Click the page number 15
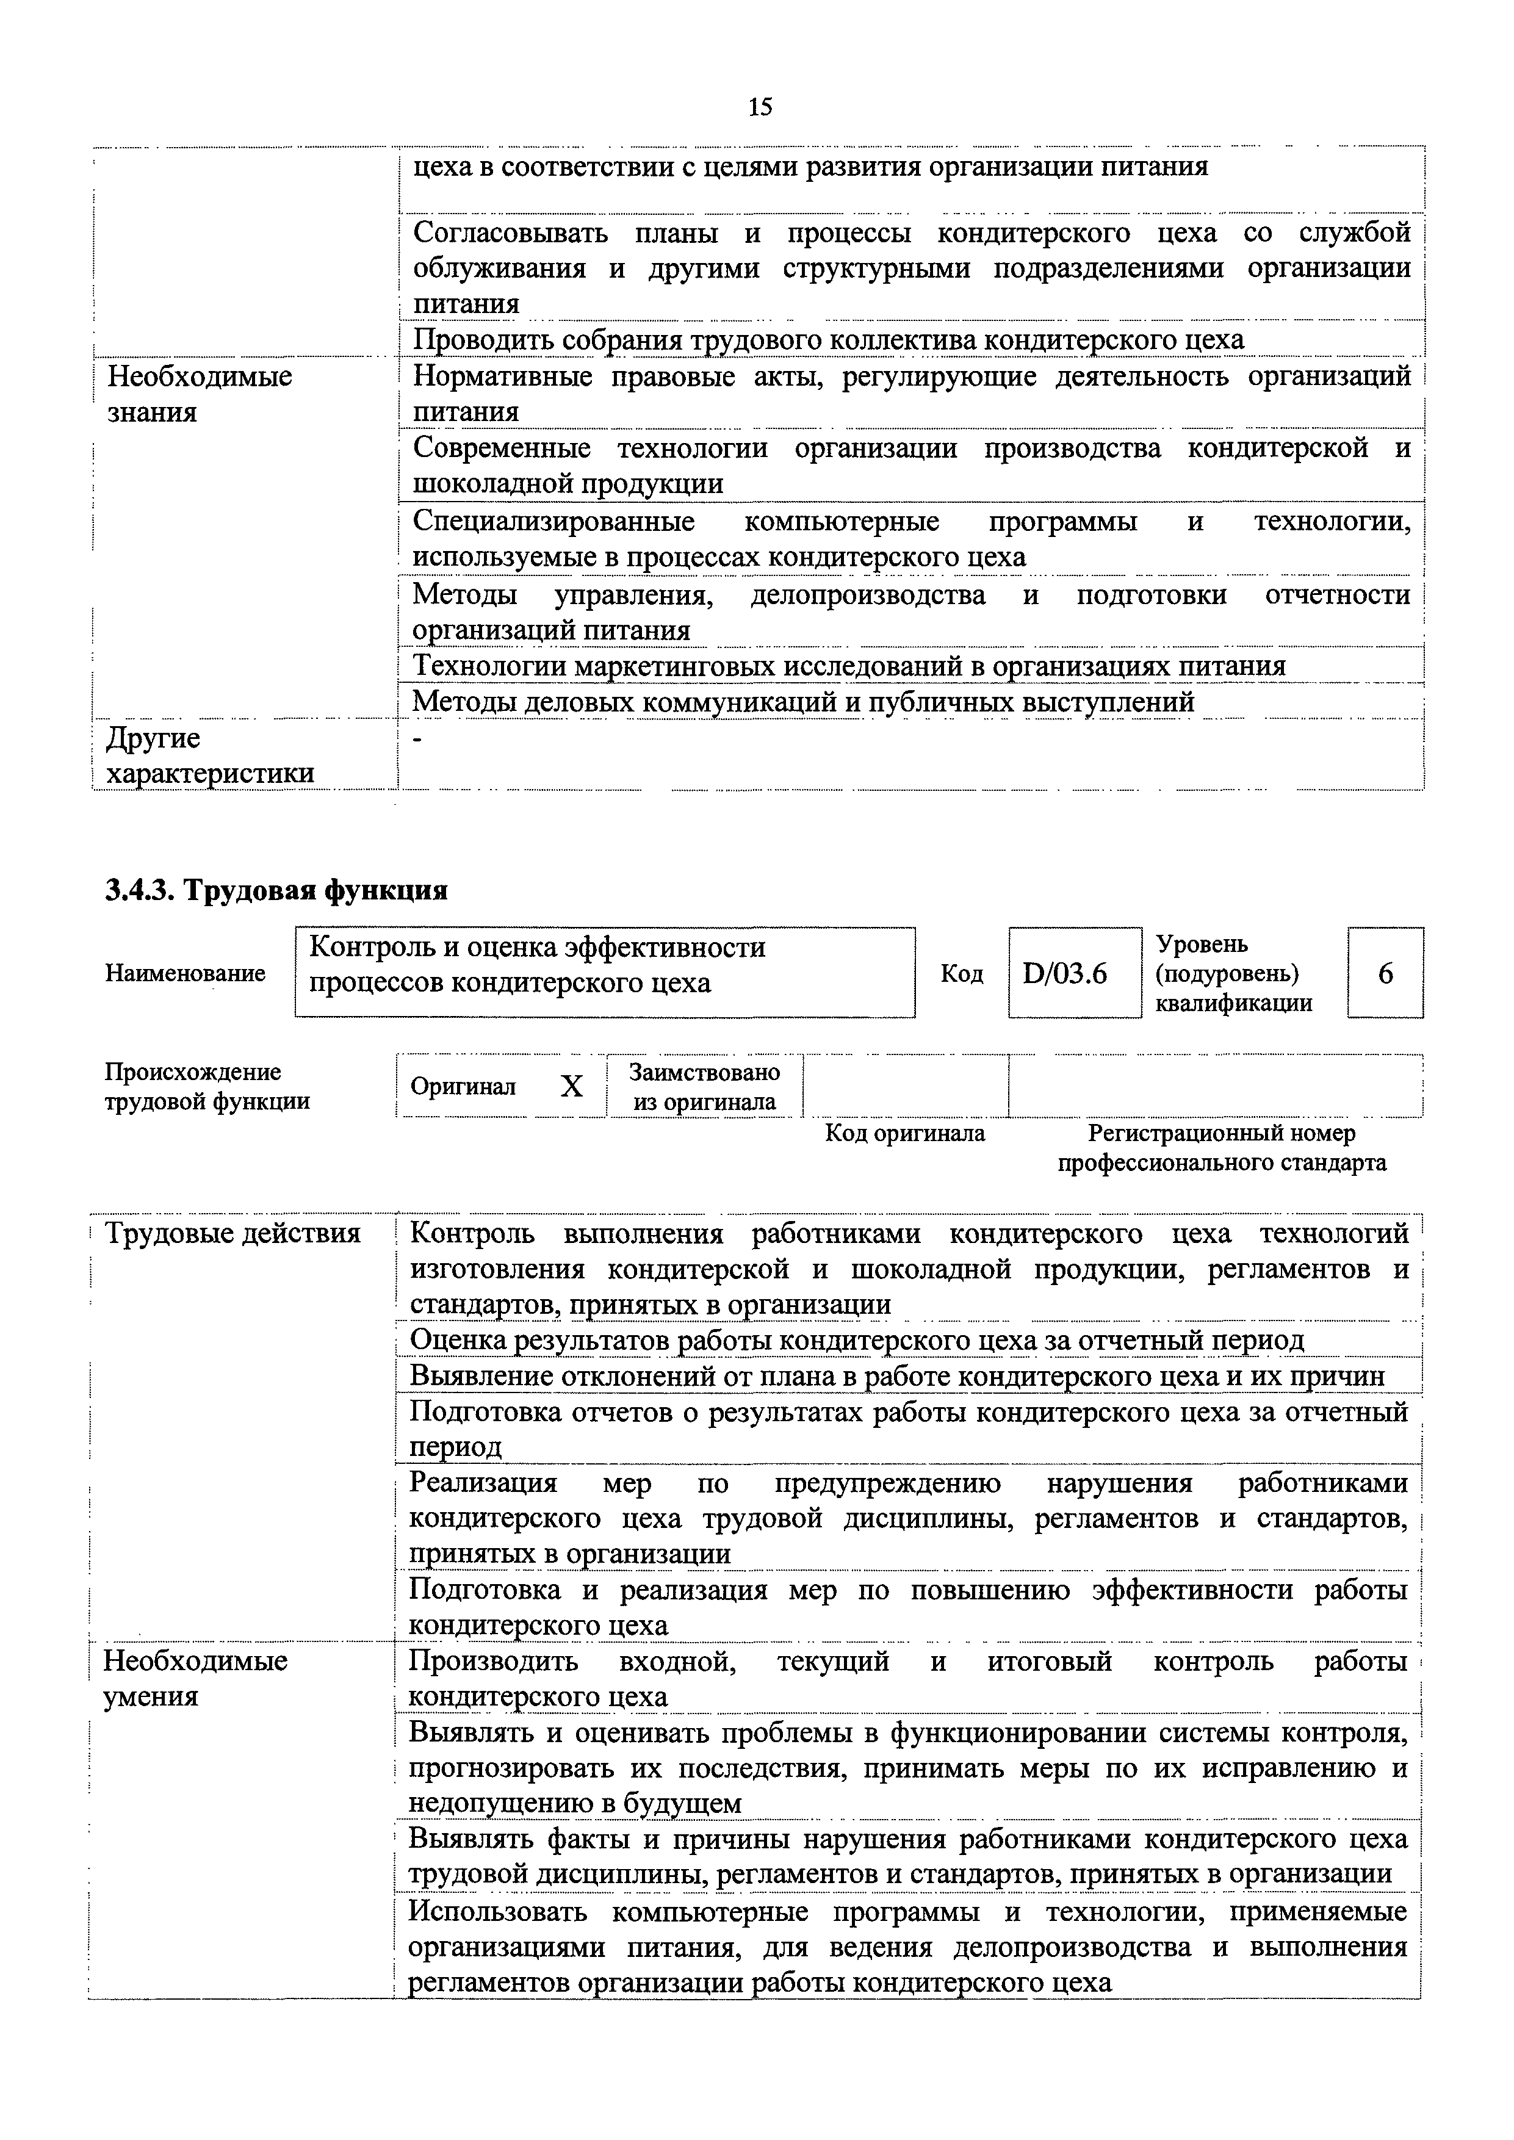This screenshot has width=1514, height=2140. [760, 107]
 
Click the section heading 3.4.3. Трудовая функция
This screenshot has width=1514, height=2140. [276, 890]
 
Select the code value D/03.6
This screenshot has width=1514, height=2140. [1065, 973]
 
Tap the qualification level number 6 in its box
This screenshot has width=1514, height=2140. [1385, 973]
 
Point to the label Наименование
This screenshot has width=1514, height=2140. [184, 973]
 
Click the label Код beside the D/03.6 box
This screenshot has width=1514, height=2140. [961, 973]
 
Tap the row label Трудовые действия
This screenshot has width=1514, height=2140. [232, 1234]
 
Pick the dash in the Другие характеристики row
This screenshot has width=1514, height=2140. [417, 739]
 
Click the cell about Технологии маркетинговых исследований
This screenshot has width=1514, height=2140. [848, 666]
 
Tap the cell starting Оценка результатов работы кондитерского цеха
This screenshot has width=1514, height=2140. [856, 1340]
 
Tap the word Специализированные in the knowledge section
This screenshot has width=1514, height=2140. [553, 521]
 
